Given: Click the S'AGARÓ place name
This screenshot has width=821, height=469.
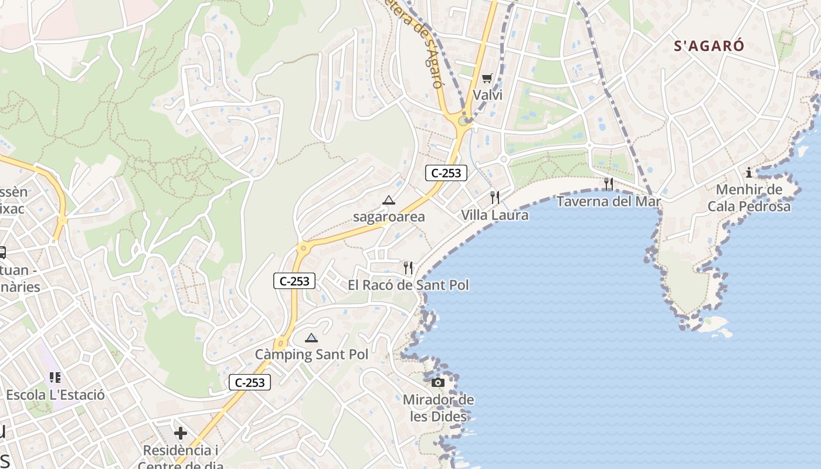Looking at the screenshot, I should click(709, 46).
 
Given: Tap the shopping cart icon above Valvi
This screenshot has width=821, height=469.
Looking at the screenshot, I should click(487, 78).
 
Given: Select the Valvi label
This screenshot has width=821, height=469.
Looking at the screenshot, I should click(488, 95).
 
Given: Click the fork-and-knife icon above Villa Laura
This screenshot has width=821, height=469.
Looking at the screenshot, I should click(494, 197).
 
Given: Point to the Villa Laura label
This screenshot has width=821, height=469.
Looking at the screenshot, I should click(494, 215).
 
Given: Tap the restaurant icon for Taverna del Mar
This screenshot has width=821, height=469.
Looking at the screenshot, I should click(609, 184).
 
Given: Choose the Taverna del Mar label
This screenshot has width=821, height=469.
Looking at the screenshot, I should click(609, 202).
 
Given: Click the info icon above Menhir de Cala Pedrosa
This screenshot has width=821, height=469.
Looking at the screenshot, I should click(749, 172).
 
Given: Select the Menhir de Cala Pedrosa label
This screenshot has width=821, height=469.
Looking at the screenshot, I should click(749, 198).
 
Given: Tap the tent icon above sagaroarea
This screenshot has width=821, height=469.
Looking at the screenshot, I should click(388, 200).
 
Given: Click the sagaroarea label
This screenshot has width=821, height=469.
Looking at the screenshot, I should click(389, 217).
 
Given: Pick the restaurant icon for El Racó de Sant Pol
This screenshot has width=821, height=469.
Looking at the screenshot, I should click(408, 268).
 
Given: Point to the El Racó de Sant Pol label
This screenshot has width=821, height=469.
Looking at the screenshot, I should click(408, 286).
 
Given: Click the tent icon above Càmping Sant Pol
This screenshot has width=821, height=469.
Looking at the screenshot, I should click(311, 338).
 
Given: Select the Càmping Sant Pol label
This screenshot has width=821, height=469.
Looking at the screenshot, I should click(311, 355).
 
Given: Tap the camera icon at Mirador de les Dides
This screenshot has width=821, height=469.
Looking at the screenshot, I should click(437, 383).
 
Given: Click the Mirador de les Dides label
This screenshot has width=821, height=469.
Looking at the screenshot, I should click(438, 409).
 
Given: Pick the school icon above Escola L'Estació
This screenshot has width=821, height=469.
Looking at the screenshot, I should click(55, 378).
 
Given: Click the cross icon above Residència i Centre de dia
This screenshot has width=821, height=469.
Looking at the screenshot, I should click(181, 433).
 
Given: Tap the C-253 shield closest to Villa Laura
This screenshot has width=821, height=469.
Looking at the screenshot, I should click(446, 172).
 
